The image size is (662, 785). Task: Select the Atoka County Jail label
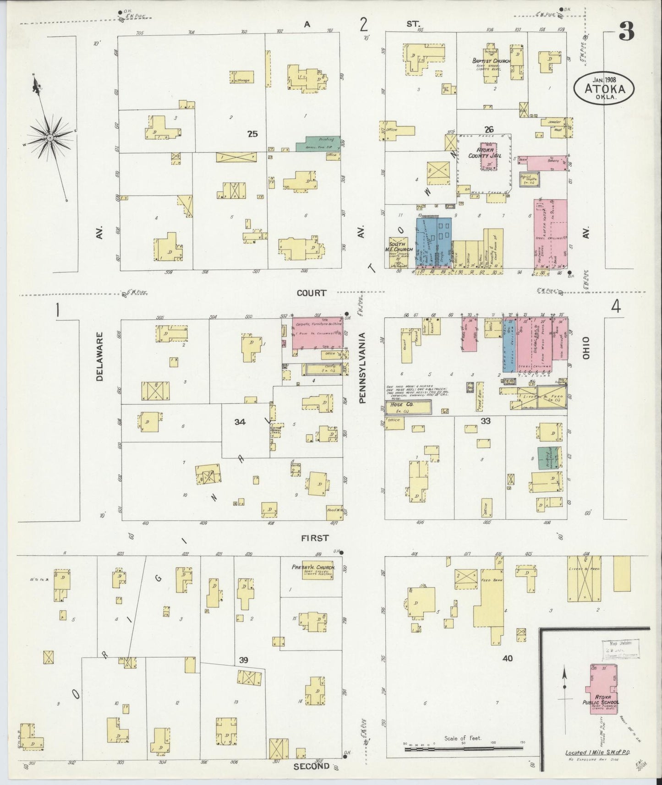[x=490, y=153]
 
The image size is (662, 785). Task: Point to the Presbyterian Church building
[x=314, y=571]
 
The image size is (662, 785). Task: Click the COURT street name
[x=312, y=293]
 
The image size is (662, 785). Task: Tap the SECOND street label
[x=312, y=765]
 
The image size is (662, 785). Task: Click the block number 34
[x=240, y=422]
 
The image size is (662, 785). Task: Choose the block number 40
[x=507, y=659]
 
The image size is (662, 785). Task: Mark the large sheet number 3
[x=626, y=31]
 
